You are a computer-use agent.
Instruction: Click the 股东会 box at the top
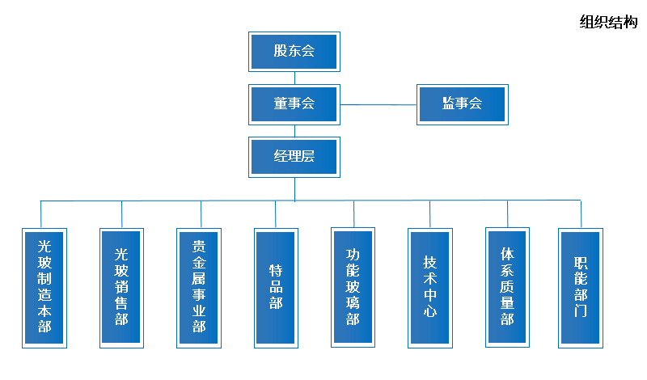tap(294, 52)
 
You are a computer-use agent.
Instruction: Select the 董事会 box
tap(294, 103)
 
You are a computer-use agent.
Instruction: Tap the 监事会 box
tap(462, 103)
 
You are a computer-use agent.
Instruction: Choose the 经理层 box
tap(294, 157)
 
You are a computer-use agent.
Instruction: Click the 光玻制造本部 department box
tap(44, 288)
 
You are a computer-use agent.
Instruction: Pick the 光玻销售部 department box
tap(121, 288)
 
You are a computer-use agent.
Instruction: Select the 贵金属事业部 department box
tap(199, 288)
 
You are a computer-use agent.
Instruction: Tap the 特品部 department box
tap(276, 288)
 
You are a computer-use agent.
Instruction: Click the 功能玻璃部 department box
tap(353, 288)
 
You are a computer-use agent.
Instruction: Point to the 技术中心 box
tap(429, 288)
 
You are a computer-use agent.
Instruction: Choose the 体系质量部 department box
tap(507, 288)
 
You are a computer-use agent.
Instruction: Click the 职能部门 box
tap(580, 288)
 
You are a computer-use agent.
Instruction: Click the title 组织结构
tap(609, 23)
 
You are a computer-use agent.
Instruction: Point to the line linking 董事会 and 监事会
tap(378, 104)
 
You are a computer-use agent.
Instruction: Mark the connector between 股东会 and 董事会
tap(294, 78)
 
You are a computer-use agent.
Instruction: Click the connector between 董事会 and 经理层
tap(294, 131)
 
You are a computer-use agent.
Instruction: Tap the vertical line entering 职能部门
tap(581, 214)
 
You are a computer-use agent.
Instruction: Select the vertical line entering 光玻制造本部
tap(40, 214)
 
